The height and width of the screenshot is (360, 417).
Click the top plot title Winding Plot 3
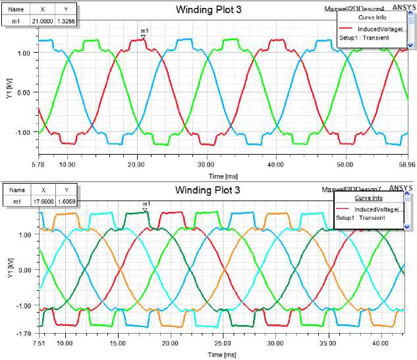tap(208, 10)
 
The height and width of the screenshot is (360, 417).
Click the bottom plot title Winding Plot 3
tap(208, 190)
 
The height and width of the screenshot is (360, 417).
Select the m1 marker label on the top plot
tap(144, 31)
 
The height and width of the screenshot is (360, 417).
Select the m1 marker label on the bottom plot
tap(146, 204)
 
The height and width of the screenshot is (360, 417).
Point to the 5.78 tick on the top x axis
tap(38, 164)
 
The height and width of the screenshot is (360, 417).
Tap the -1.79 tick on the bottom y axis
tap(22, 334)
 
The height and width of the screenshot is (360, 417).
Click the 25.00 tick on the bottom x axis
tap(223, 343)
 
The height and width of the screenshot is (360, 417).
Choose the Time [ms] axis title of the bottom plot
tap(221, 354)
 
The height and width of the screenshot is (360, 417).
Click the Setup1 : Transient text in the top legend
tap(364, 38)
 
